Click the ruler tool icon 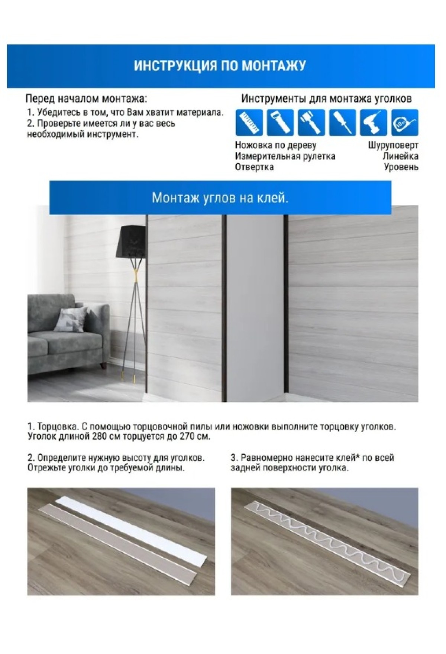click(249, 122)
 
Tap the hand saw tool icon click(280, 122)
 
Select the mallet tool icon click(311, 122)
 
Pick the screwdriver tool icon click(342, 122)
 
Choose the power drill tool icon click(373, 122)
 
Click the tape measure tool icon click(404, 122)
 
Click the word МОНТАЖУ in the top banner click(274, 66)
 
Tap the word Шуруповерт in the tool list click(393, 145)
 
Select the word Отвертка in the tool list click(254, 167)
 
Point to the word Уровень click(401, 167)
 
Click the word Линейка click(400, 156)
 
